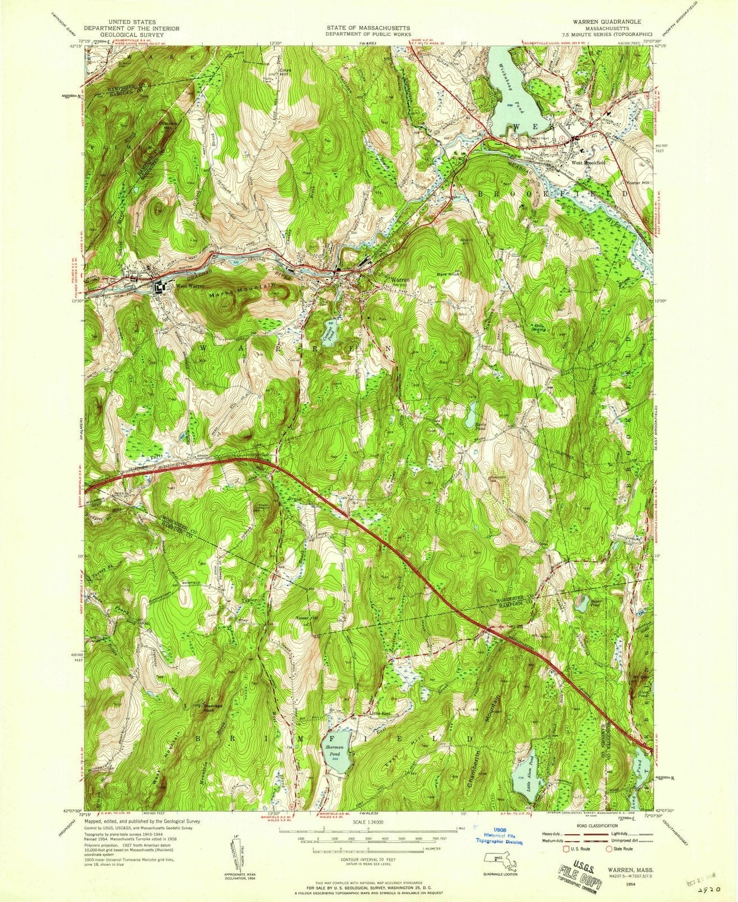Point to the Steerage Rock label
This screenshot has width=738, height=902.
click(x=213, y=708)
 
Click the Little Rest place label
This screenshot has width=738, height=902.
click(x=380, y=714)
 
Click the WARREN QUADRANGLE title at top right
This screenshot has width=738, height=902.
click(x=589, y=20)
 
